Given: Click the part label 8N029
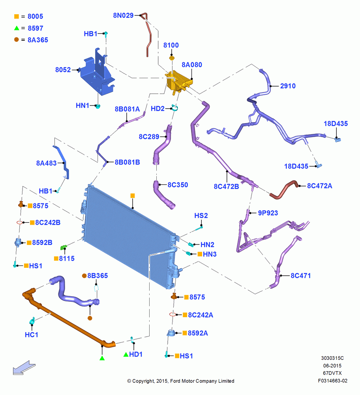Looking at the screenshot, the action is pyautogui.click(x=124, y=15).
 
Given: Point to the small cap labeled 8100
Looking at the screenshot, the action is pyautogui.click(x=172, y=58).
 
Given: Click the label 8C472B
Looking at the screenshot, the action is pyautogui.click(x=226, y=186).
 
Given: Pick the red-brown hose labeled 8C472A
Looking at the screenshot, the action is pyautogui.click(x=284, y=190).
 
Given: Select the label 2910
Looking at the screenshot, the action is pyautogui.click(x=288, y=86).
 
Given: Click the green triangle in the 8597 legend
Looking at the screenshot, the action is pyautogui.click(x=17, y=28).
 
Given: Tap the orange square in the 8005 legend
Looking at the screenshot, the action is pyautogui.click(x=17, y=16).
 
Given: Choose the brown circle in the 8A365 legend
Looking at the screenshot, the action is pyautogui.click(x=17, y=39).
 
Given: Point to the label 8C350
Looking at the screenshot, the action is pyautogui.click(x=178, y=185).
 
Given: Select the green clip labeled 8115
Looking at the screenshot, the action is pyautogui.click(x=64, y=247).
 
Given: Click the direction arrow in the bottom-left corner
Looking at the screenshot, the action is pyautogui.click(x=24, y=367).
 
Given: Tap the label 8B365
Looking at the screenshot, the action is pyautogui.click(x=97, y=276).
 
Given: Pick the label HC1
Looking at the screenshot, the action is pyautogui.click(x=32, y=335).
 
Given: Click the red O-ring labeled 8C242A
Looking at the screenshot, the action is pyautogui.click(x=172, y=314).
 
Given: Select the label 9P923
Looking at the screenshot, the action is pyautogui.click(x=268, y=213).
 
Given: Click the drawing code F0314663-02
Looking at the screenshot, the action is pyautogui.click(x=332, y=381).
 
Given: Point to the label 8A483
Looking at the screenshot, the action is pyautogui.click(x=46, y=163).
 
